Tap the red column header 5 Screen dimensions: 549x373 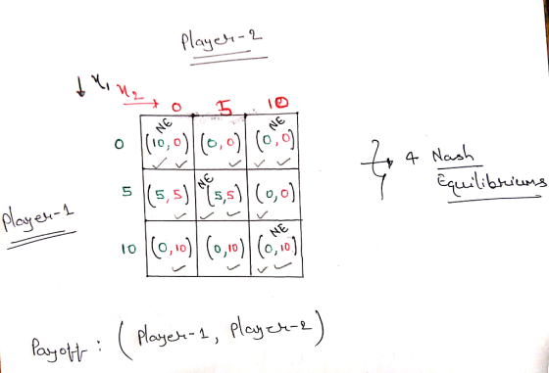point(225,108)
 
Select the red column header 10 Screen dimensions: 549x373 point(277,103)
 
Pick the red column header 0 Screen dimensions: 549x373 point(176,107)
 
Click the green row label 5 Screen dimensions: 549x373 point(126,192)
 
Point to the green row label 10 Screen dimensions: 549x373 point(128,249)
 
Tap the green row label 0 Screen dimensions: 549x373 point(119,144)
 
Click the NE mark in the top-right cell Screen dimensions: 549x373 point(276,123)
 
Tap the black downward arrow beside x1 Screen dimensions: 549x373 point(80,87)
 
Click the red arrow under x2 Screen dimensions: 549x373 point(141,103)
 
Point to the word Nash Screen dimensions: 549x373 point(453,156)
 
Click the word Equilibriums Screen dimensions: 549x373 point(491,182)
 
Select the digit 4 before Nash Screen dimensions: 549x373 point(412,158)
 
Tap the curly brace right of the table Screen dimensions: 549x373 point(376,169)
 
